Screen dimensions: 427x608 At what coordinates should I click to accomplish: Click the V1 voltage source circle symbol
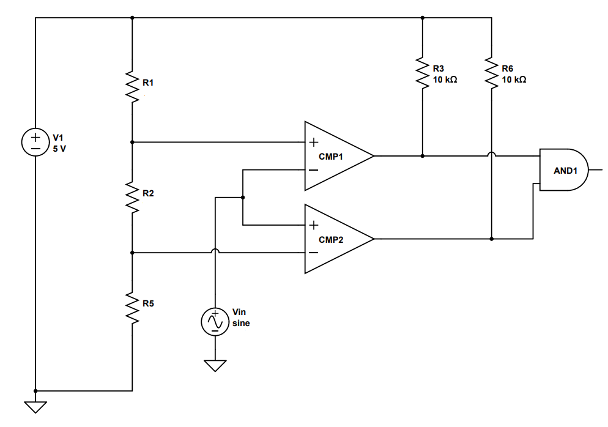35,142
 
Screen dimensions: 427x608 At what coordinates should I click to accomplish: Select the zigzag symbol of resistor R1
133,86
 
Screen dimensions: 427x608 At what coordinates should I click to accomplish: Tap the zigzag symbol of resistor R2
133,197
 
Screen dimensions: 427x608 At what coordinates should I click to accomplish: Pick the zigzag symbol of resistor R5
133,307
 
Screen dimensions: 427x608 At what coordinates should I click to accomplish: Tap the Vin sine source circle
215,321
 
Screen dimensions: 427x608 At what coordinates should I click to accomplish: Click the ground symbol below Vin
215,365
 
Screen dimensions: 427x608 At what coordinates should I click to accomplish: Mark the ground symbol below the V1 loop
35,406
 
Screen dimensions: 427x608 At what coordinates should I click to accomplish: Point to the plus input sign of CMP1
313,143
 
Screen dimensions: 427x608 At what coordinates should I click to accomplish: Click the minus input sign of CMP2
313,253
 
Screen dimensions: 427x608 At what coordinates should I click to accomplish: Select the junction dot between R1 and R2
133,142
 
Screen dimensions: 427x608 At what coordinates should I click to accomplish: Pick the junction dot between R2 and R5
133,252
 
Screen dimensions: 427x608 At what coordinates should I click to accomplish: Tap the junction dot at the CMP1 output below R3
422,156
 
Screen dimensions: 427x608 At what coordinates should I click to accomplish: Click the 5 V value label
59,148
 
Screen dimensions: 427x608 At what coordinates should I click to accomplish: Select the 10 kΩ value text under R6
514,80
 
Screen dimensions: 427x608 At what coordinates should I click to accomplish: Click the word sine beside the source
241,323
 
